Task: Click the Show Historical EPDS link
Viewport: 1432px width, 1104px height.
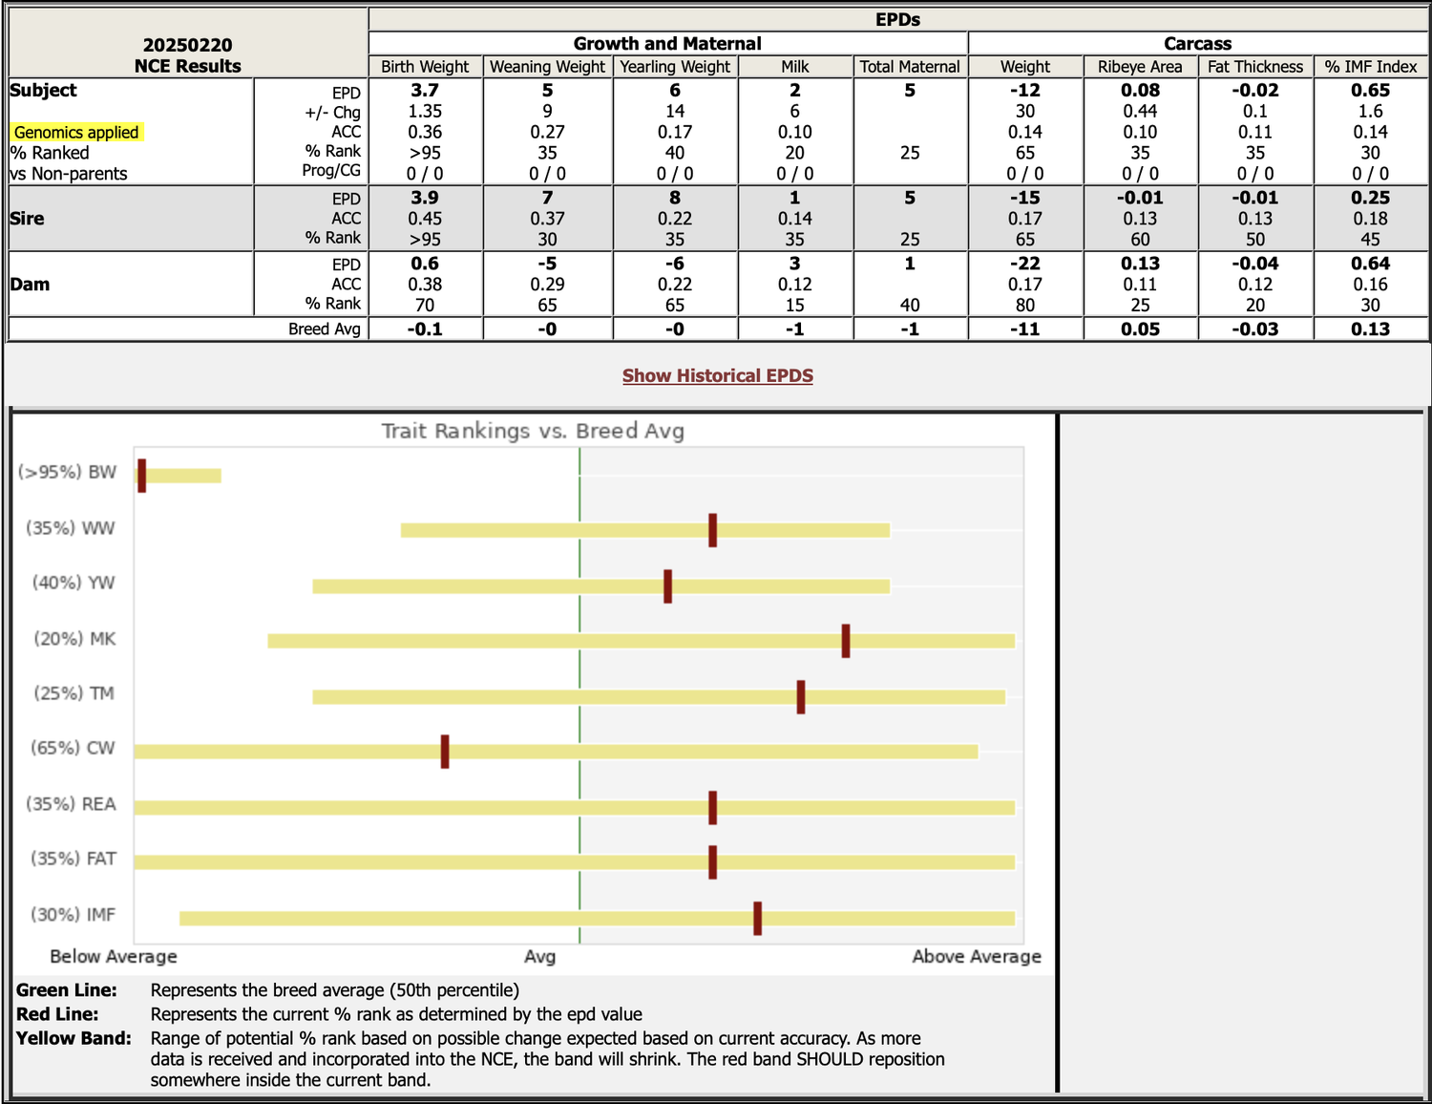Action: click(x=718, y=375)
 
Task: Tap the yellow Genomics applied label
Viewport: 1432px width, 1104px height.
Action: click(x=76, y=132)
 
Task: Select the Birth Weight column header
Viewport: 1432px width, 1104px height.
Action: click(x=425, y=67)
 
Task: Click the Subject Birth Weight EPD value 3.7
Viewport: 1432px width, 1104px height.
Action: click(x=425, y=90)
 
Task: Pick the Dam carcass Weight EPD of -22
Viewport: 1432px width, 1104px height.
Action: click(x=1025, y=264)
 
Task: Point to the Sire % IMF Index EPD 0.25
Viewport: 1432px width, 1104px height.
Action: click(x=1370, y=198)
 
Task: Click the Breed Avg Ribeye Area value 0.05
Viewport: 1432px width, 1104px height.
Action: click(x=1140, y=329)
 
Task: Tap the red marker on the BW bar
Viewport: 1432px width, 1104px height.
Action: click(x=142, y=475)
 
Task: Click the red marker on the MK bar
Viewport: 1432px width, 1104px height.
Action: click(x=846, y=640)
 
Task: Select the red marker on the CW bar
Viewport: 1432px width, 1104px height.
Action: click(x=445, y=751)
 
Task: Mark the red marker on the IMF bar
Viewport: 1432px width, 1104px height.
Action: click(x=757, y=918)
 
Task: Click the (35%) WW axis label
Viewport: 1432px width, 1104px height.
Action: click(x=71, y=528)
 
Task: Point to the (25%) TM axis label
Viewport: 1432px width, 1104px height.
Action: click(x=74, y=693)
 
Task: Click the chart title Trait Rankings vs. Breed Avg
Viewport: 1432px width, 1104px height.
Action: click(x=533, y=431)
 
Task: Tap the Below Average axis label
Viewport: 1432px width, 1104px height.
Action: click(x=114, y=956)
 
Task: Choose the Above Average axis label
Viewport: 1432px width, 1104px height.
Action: click(x=977, y=956)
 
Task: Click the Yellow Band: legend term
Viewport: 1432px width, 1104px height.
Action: click(x=74, y=1038)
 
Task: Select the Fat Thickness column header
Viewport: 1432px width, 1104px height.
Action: click(x=1254, y=67)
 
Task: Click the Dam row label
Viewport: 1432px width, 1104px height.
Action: click(x=31, y=285)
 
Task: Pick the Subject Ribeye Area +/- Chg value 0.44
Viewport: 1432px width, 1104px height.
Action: click(x=1140, y=111)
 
